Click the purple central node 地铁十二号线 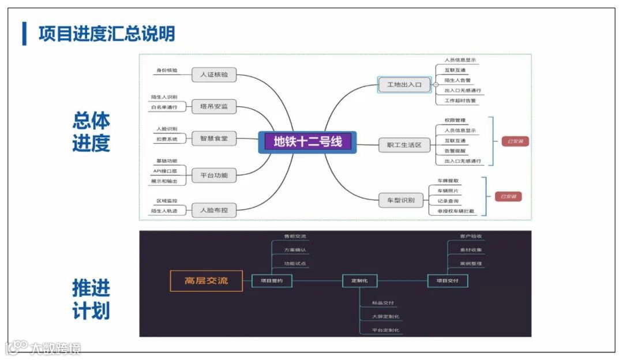(x=307, y=141)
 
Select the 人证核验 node (x=214, y=75)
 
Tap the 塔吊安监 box (x=214, y=107)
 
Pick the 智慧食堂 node (x=214, y=138)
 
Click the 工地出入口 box (x=404, y=85)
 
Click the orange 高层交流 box (x=206, y=281)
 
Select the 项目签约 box (x=272, y=281)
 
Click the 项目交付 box (x=448, y=281)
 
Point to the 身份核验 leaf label (x=167, y=70)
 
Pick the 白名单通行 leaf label (x=164, y=107)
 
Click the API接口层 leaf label (x=165, y=171)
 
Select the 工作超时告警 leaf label (x=460, y=100)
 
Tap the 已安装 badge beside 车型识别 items (x=508, y=197)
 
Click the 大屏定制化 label (x=386, y=317)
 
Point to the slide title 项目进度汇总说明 (x=107, y=33)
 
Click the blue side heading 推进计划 (x=91, y=299)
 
